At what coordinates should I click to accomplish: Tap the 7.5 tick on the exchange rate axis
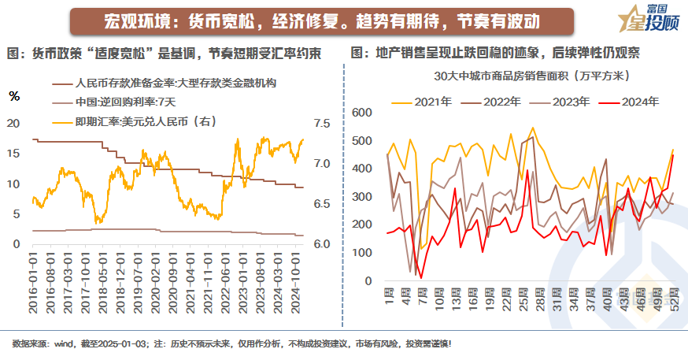coord(322,124)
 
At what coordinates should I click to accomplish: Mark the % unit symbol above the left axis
coord(14,96)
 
